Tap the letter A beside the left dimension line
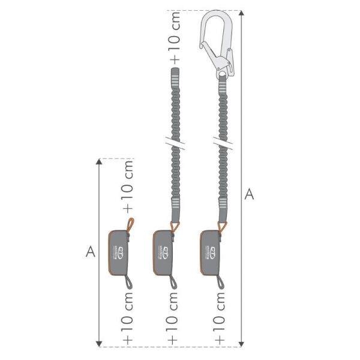[91, 251]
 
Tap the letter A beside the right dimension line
[250, 194]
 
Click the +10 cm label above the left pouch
[128, 185]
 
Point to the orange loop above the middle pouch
[176, 227]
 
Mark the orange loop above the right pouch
[223, 227]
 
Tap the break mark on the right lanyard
[223, 145]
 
